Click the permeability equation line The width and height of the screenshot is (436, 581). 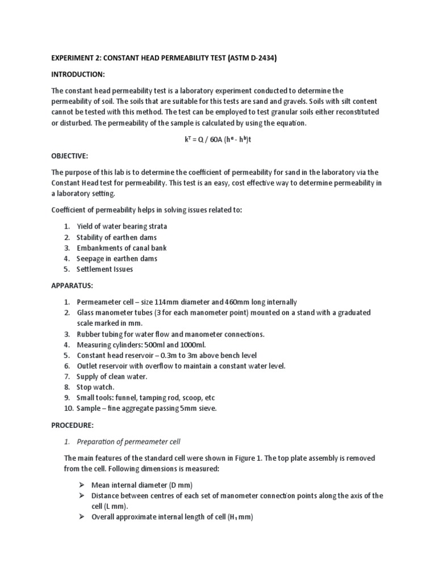point(218,140)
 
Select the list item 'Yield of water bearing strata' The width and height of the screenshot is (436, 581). point(122,226)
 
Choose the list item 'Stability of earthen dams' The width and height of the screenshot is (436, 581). point(117,237)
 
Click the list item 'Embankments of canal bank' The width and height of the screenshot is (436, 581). point(121,248)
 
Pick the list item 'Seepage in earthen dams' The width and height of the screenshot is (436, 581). point(117,259)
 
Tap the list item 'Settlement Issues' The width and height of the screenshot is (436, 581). point(105,270)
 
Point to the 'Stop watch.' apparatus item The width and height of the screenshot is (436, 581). point(95,387)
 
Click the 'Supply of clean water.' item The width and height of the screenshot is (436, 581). point(112,377)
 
